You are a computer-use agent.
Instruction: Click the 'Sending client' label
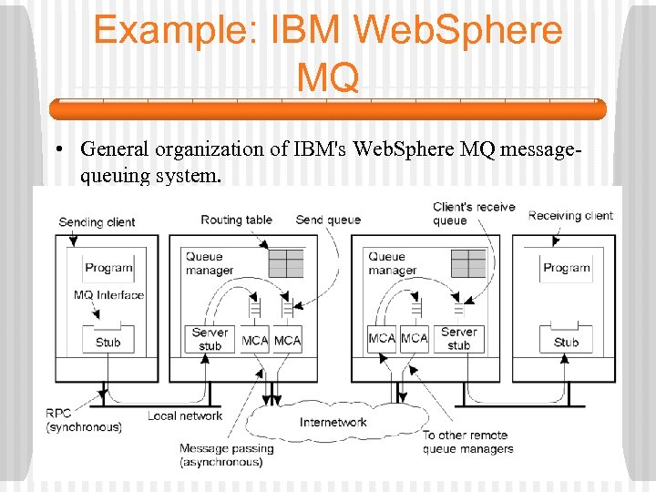97,222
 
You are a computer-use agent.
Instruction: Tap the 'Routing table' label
236,220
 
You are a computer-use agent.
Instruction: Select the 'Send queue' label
328,220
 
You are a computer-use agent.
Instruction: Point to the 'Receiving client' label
570,216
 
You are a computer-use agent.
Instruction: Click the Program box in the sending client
108,268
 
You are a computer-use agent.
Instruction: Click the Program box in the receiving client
567,268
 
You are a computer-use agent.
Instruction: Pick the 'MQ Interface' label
108,295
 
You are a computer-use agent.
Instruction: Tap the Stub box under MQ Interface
108,341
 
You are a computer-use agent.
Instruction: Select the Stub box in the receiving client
566,342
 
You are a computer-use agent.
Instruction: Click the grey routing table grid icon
286,262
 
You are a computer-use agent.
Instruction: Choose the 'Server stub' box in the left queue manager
210,339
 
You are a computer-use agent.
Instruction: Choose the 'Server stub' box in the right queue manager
458,338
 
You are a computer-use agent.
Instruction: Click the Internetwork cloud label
333,422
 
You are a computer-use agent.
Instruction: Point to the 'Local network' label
185,416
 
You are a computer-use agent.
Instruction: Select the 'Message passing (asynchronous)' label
226,455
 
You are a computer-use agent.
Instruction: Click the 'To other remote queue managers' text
467,442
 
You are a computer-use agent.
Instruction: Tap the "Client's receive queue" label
473,213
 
